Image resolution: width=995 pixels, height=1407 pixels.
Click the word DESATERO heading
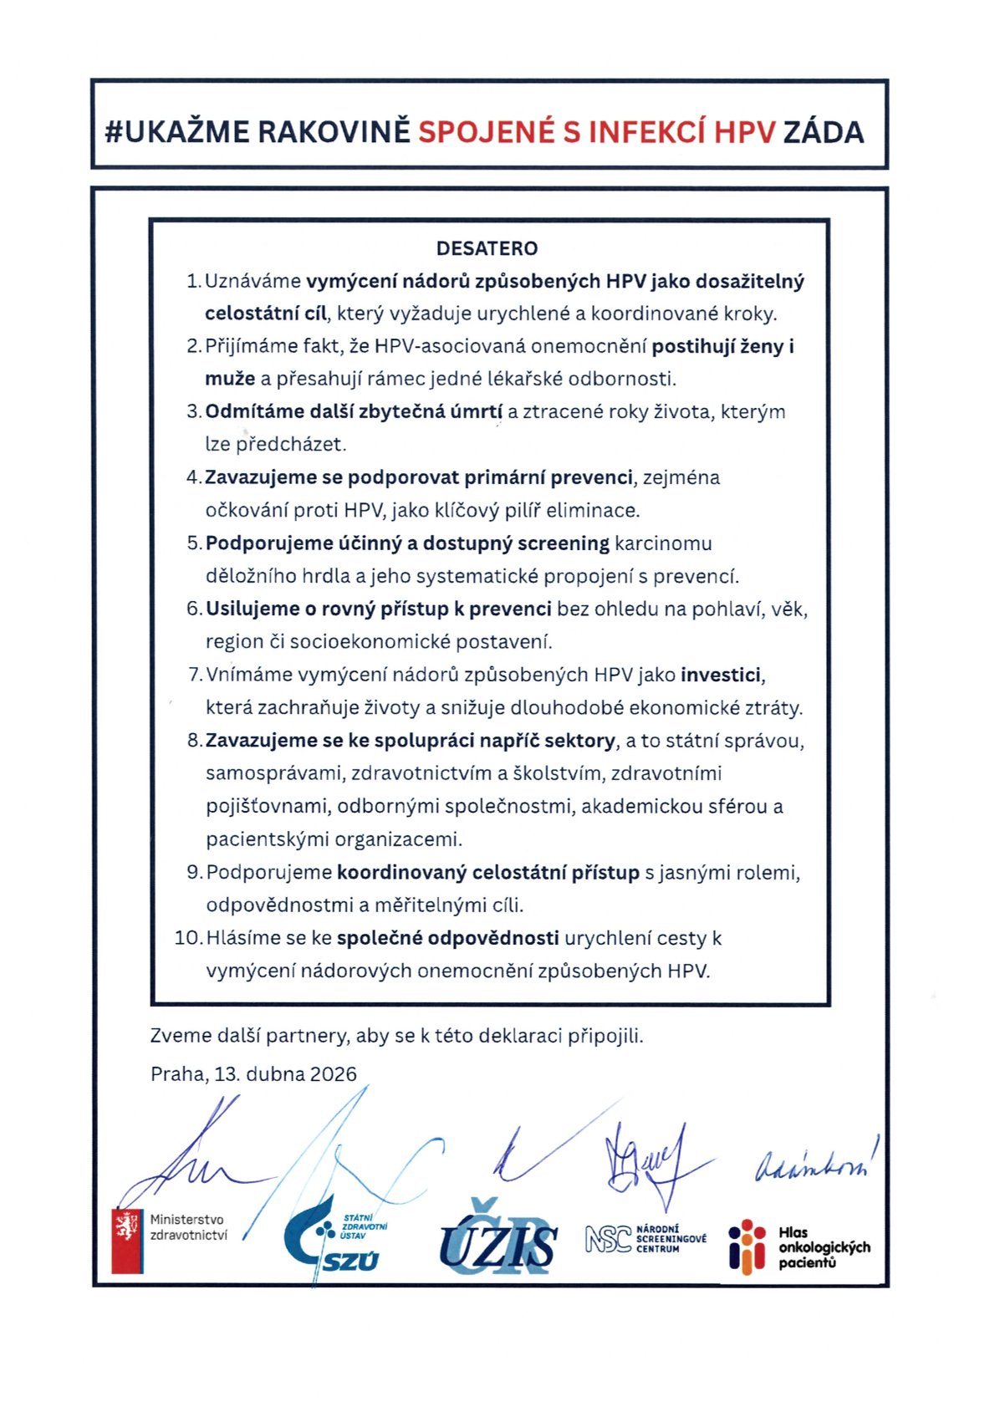pos(487,248)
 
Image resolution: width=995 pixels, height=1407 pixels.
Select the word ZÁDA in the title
pos(823,132)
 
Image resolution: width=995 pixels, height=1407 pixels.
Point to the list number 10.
pos(187,938)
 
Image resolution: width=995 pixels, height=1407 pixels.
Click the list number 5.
pos(193,543)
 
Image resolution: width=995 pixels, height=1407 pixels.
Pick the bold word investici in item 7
pos(722,675)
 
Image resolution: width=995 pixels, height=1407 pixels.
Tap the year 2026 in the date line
pos(333,1074)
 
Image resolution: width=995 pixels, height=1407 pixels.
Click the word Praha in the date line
pos(177,1074)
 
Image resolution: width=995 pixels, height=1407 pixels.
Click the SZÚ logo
pos(334,1241)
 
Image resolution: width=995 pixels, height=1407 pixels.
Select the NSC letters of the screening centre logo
pos(608,1239)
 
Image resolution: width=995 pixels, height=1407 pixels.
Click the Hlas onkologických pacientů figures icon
pos(747,1245)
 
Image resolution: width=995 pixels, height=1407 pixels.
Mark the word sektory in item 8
pos(576,741)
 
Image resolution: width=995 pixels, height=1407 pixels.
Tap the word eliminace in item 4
pos(593,510)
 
